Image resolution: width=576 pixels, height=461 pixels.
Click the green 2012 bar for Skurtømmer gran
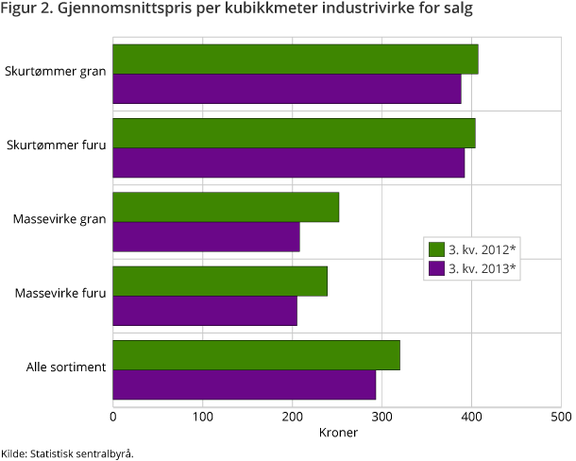click(296, 59)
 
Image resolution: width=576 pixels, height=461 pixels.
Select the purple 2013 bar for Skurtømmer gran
click(287, 88)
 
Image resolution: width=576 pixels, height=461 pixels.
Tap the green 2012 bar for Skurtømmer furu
click(294, 133)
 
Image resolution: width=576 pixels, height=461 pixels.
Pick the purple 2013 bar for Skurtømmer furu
click(289, 162)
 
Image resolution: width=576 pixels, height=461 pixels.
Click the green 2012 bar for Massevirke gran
click(226, 207)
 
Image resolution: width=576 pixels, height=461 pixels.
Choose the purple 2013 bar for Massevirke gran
click(206, 236)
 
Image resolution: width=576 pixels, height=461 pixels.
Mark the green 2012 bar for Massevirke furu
click(220, 281)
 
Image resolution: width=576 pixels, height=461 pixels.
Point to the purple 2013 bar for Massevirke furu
click(205, 310)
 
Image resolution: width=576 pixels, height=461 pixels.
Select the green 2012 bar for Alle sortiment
click(256, 355)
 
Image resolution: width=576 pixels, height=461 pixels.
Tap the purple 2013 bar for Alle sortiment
click(245, 384)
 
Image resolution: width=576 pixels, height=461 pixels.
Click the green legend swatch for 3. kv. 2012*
click(436, 249)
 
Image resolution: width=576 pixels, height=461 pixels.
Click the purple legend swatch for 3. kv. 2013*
click(436, 268)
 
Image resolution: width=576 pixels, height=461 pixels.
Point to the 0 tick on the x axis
click(113, 416)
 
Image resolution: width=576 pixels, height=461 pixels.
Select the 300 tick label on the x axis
click(381, 416)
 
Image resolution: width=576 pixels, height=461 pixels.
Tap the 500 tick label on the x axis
click(560, 416)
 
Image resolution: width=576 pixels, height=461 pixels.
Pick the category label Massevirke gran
click(59, 220)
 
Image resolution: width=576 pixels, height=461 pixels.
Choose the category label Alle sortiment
click(65, 367)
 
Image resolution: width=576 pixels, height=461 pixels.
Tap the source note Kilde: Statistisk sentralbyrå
click(67, 452)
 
